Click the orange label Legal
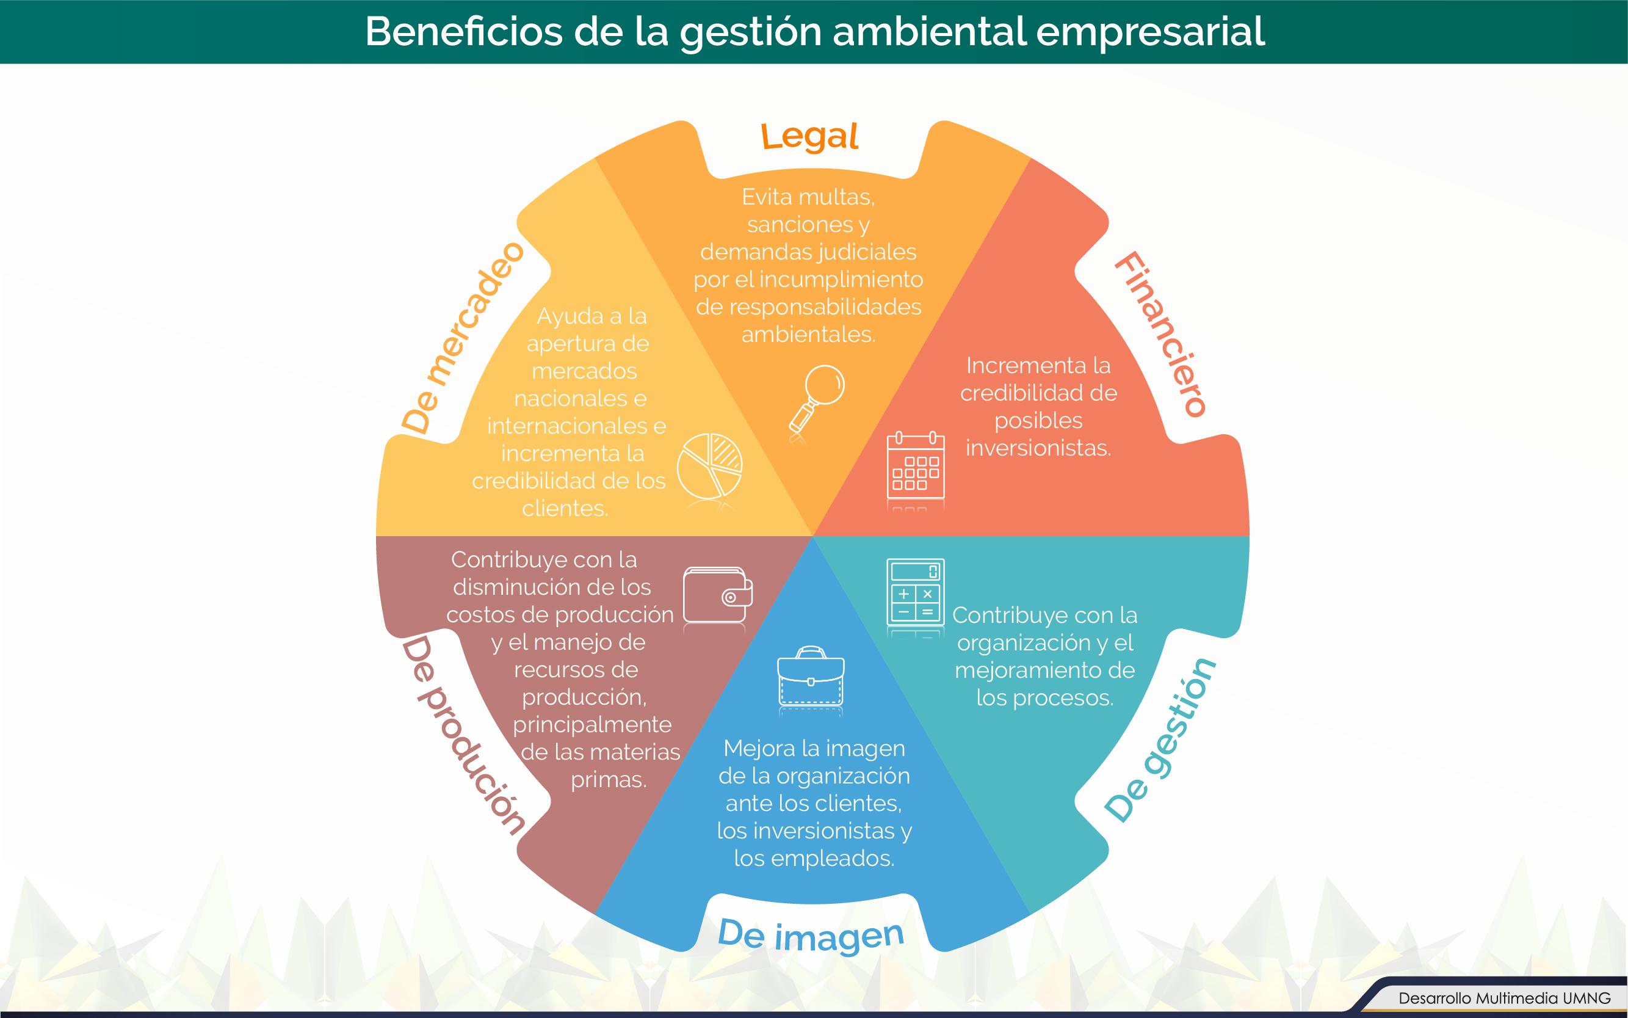pyautogui.click(x=809, y=137)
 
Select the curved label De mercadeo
pyautogui.click(x=461, y=337)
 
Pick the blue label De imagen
pyautogui.click(x=811, y=935)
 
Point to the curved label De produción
pyautogui.click(x=463, y=735)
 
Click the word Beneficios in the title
pyautogui.click(x=464, y=31)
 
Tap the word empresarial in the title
pyautogui.click(x=1150, y=32)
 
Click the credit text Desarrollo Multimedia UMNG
pyautogui.click(x=1504, y=998)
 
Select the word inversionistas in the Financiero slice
pyautogui.click(x=1038, y=448)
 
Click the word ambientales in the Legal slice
pyautogui.click(x=808, y=334)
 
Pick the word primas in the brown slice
pyautogui.click(x=609, y=780)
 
